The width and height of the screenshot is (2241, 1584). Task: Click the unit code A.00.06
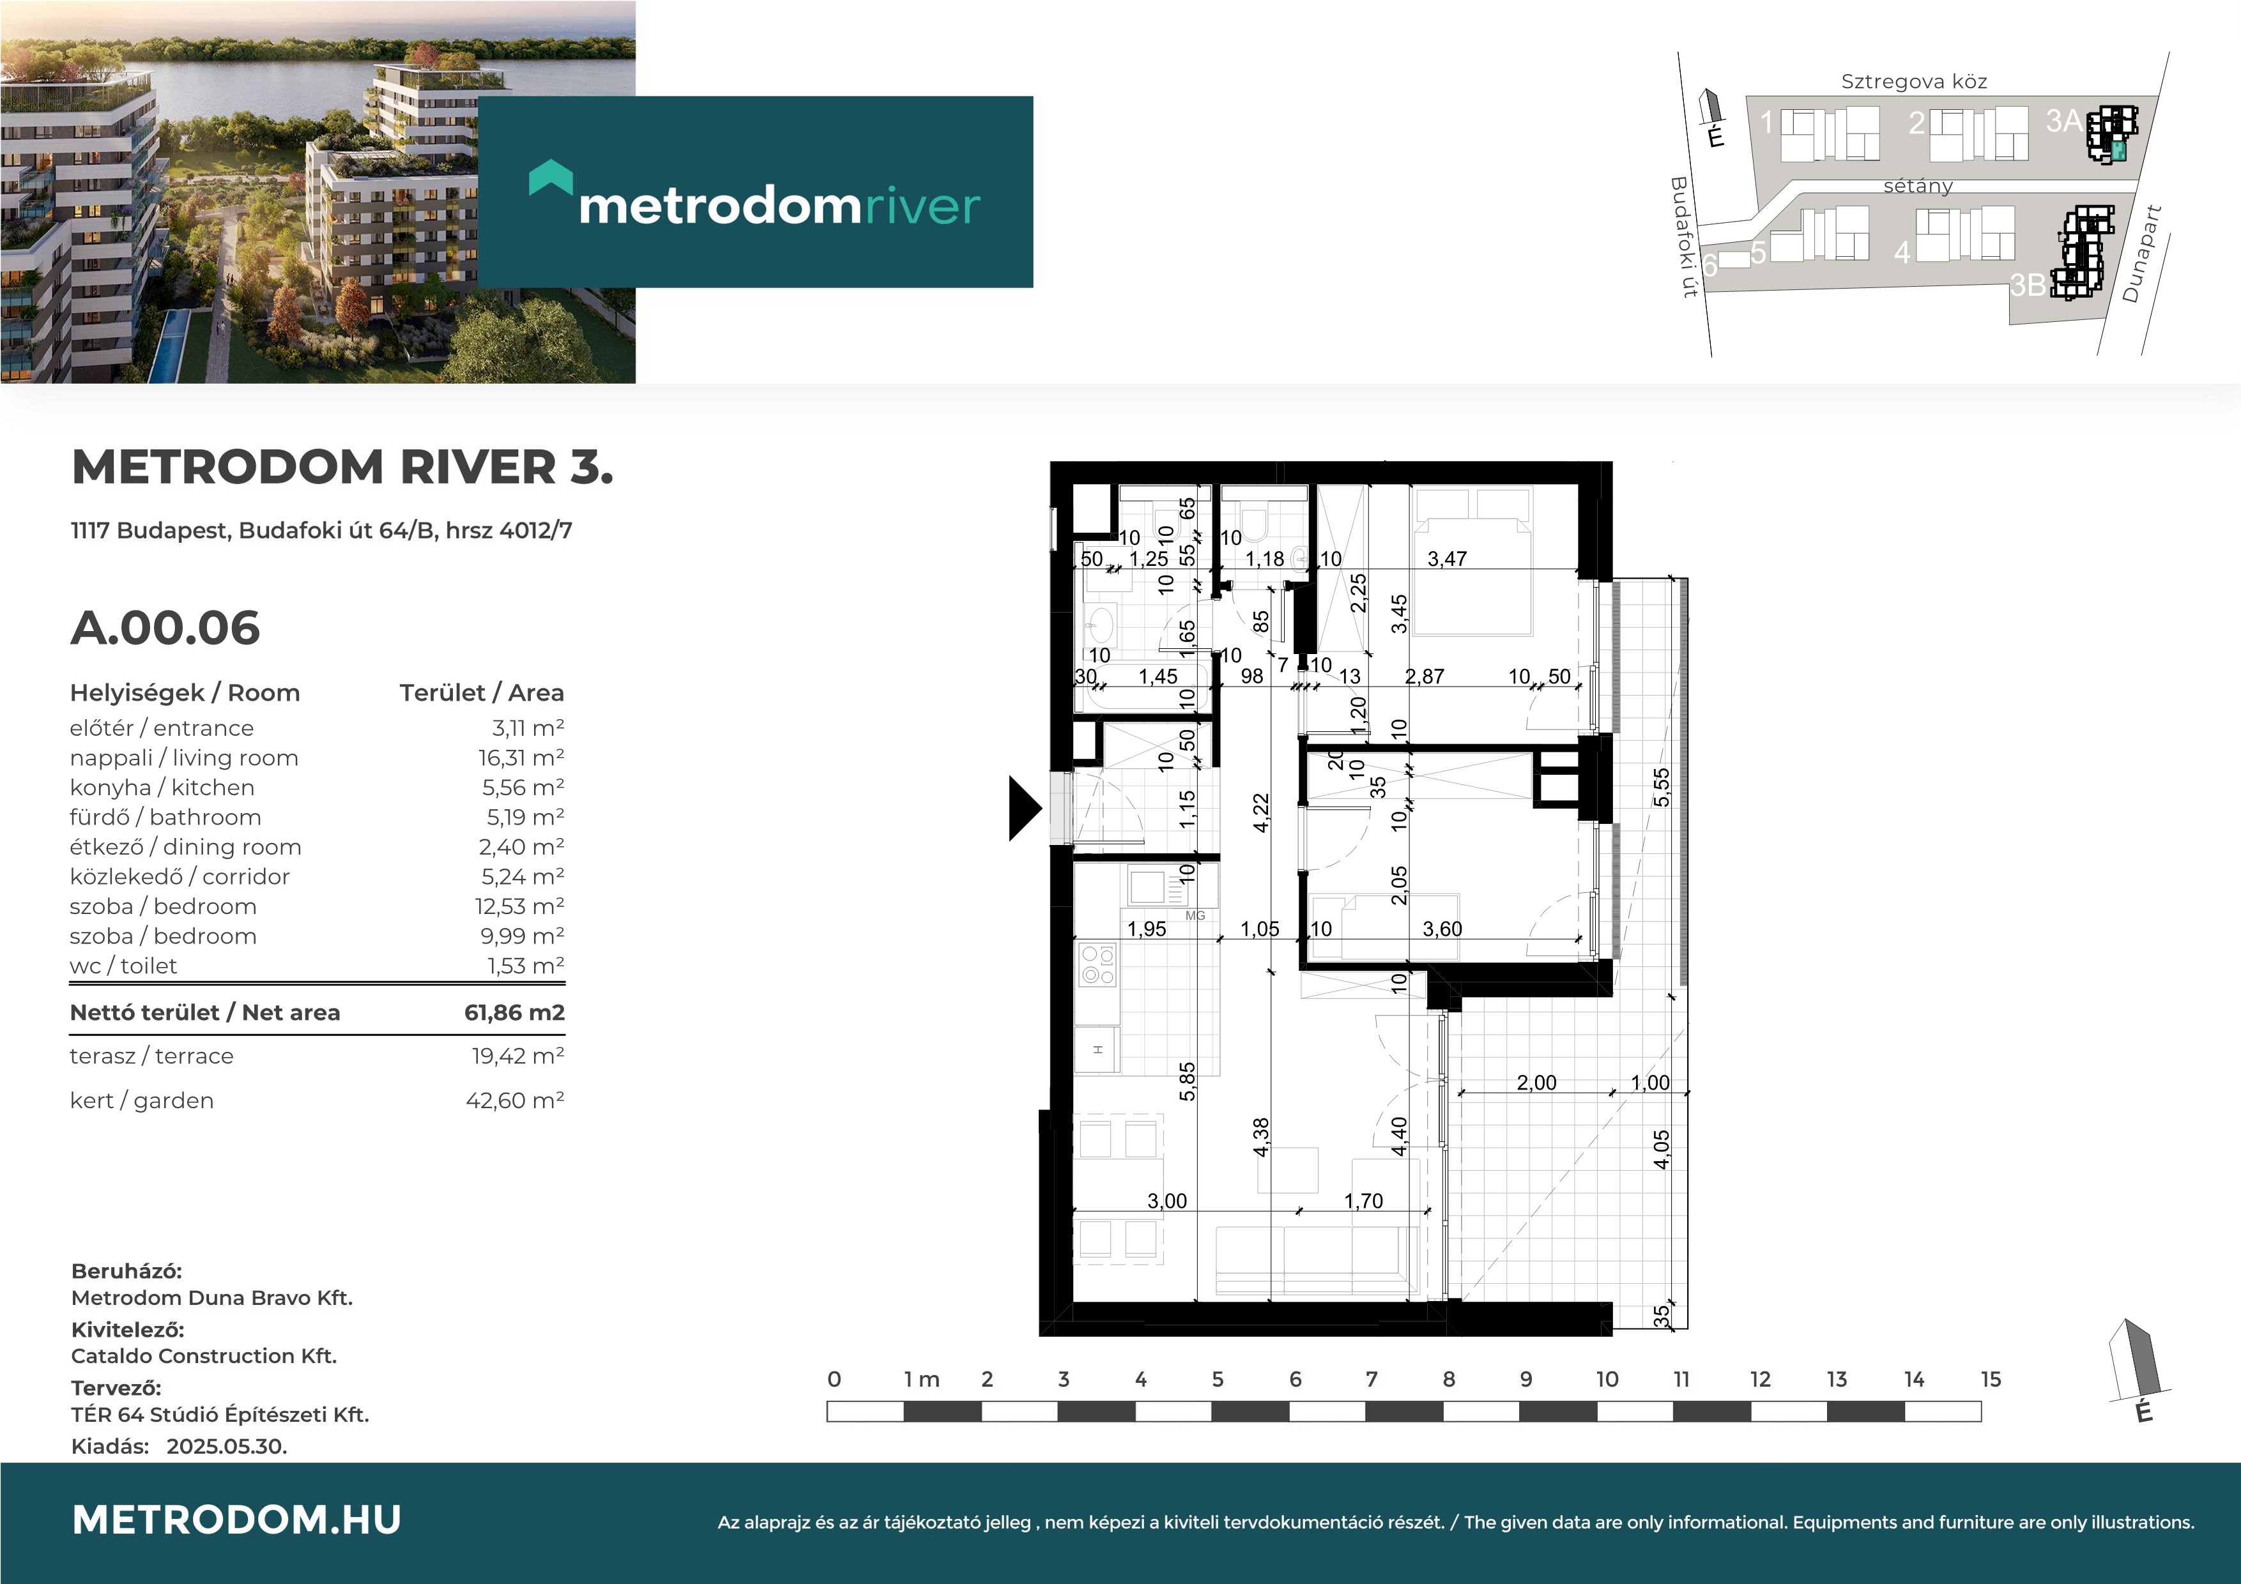[x=165, y=628]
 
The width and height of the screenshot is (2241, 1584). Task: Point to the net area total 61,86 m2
[x=514, y=1012]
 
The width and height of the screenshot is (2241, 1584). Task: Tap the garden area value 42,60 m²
[x=514, y=1100]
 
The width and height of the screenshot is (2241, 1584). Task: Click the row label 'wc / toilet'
[x=123, y=966]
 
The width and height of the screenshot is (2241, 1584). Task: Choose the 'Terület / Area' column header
[x=481, y=693]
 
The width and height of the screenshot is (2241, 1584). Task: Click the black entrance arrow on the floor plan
[x=1024, y=808]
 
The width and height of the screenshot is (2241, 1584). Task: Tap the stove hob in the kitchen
[x=1097, y=964]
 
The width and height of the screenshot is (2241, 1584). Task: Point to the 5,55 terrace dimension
[x=1661, y=788]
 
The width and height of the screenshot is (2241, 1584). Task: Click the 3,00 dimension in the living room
[x=1167, y=1200]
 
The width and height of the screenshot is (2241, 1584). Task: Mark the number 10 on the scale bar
[x=1607, y=1379]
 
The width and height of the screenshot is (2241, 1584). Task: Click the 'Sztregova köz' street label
[x=1914, y=82]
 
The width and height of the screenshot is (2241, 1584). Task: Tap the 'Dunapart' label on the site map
[x=2143, y=254]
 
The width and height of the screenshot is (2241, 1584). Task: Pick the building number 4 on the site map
[x=1901, y=253]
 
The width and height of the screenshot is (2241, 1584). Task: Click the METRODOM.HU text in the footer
[x=236, y=1519]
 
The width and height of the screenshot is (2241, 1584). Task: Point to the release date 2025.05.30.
[x=226, y=1447]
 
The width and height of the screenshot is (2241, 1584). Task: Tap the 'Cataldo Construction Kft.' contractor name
[x=204, y=1355]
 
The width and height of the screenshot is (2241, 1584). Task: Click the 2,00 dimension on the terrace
[x=1536, y=1083]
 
